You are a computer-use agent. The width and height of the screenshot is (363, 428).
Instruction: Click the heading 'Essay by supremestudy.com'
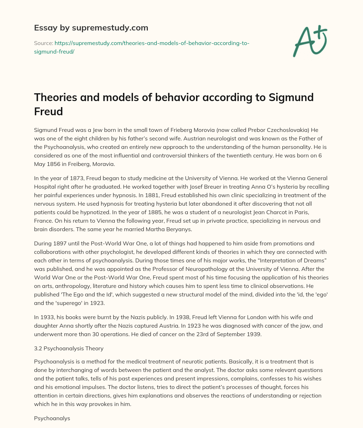[x=91, y=28]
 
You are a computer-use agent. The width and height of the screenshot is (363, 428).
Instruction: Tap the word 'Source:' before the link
[x=43, y=43]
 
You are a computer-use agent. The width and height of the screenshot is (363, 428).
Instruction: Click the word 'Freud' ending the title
[x=48, y=112]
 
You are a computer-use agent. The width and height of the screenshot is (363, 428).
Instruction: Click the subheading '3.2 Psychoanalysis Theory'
[x=69, y=348]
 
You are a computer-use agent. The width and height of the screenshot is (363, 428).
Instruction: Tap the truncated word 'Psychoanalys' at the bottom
[x=52, y=418]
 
